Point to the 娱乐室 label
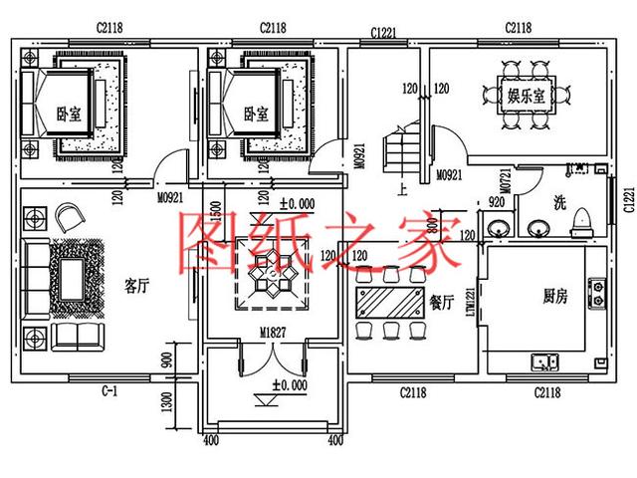click(x=526, y=97)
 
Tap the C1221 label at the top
click(x=382, y=32)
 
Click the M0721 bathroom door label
click(x=506, y=182)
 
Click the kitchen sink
click(x=545, y=360)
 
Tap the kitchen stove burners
click(x=597, y=290)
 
